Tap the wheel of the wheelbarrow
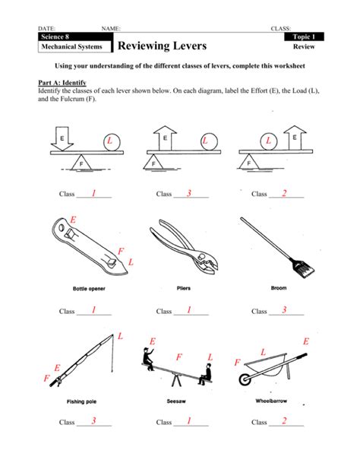[x=246, y=379]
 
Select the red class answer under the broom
[x=283, y=310]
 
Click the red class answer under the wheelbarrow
[x=283, y=421]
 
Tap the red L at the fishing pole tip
[x=119, y=336]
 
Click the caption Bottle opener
[x=91, y=289]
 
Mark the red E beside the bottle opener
[x=73, y=220]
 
